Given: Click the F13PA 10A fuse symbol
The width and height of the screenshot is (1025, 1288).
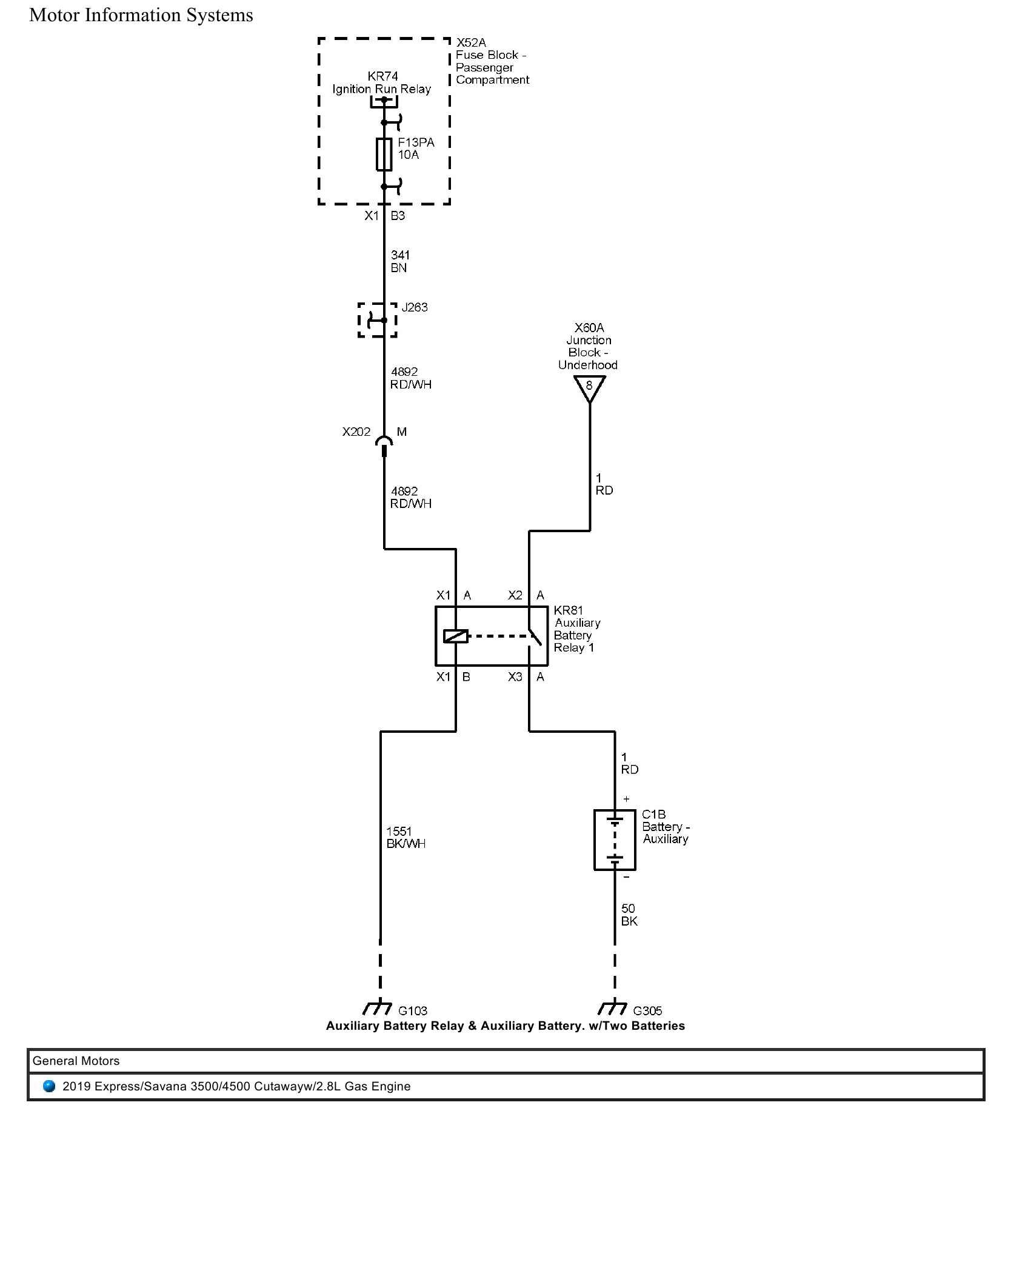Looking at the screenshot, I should click(384, 154).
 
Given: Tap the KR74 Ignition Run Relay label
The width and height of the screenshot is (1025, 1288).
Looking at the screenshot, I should click(382, 83).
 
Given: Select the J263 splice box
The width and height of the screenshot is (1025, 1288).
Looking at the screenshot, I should click(377, 320).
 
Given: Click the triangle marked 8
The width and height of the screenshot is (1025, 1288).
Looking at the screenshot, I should click(589, 387).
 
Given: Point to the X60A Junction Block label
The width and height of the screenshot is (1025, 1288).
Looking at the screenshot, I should click(588, 346).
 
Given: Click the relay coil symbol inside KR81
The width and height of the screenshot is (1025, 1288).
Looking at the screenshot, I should click(455, 636).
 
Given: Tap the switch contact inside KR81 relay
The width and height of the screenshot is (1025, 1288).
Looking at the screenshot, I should click(533, 638).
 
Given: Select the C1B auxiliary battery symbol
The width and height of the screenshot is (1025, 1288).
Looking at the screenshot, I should click(615, 840).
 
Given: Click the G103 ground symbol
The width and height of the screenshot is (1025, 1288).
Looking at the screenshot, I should click(377, 1008).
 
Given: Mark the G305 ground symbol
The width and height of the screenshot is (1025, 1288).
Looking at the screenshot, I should click(612, 1008).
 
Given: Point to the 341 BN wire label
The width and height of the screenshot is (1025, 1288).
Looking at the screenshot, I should click(399, 261).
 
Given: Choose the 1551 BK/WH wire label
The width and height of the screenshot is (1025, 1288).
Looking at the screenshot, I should click(406, 837).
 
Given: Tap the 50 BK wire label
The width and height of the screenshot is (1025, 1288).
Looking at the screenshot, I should click(629, 915).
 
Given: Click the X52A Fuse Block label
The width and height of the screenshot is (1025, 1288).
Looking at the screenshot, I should click(492, 61).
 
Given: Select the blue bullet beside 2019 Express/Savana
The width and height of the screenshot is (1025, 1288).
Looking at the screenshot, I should click(50, 1086).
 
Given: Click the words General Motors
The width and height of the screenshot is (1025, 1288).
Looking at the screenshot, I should click(76, 1061).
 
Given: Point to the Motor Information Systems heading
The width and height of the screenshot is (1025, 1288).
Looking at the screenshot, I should click(141, 15).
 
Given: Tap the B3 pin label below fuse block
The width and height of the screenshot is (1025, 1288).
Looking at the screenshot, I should click(398, 216).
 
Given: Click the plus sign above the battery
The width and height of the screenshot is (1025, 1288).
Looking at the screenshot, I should click(626, 799).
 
